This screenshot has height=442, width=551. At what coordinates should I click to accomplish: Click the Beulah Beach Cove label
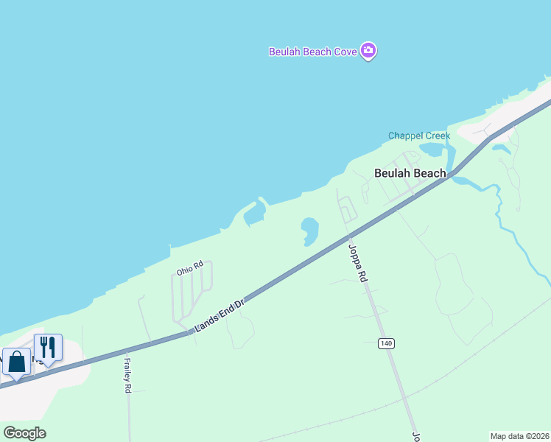[313, 52]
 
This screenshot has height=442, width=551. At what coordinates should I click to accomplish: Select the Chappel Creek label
[419, 136]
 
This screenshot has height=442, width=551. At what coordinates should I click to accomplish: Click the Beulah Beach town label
[410, 174]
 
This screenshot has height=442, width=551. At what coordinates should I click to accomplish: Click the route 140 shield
[386, 343]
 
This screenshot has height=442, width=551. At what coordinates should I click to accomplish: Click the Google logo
[24, 433]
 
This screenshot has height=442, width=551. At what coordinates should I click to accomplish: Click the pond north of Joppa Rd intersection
[309, 230]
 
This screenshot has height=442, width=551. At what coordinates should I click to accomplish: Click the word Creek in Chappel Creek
[435, 136]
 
